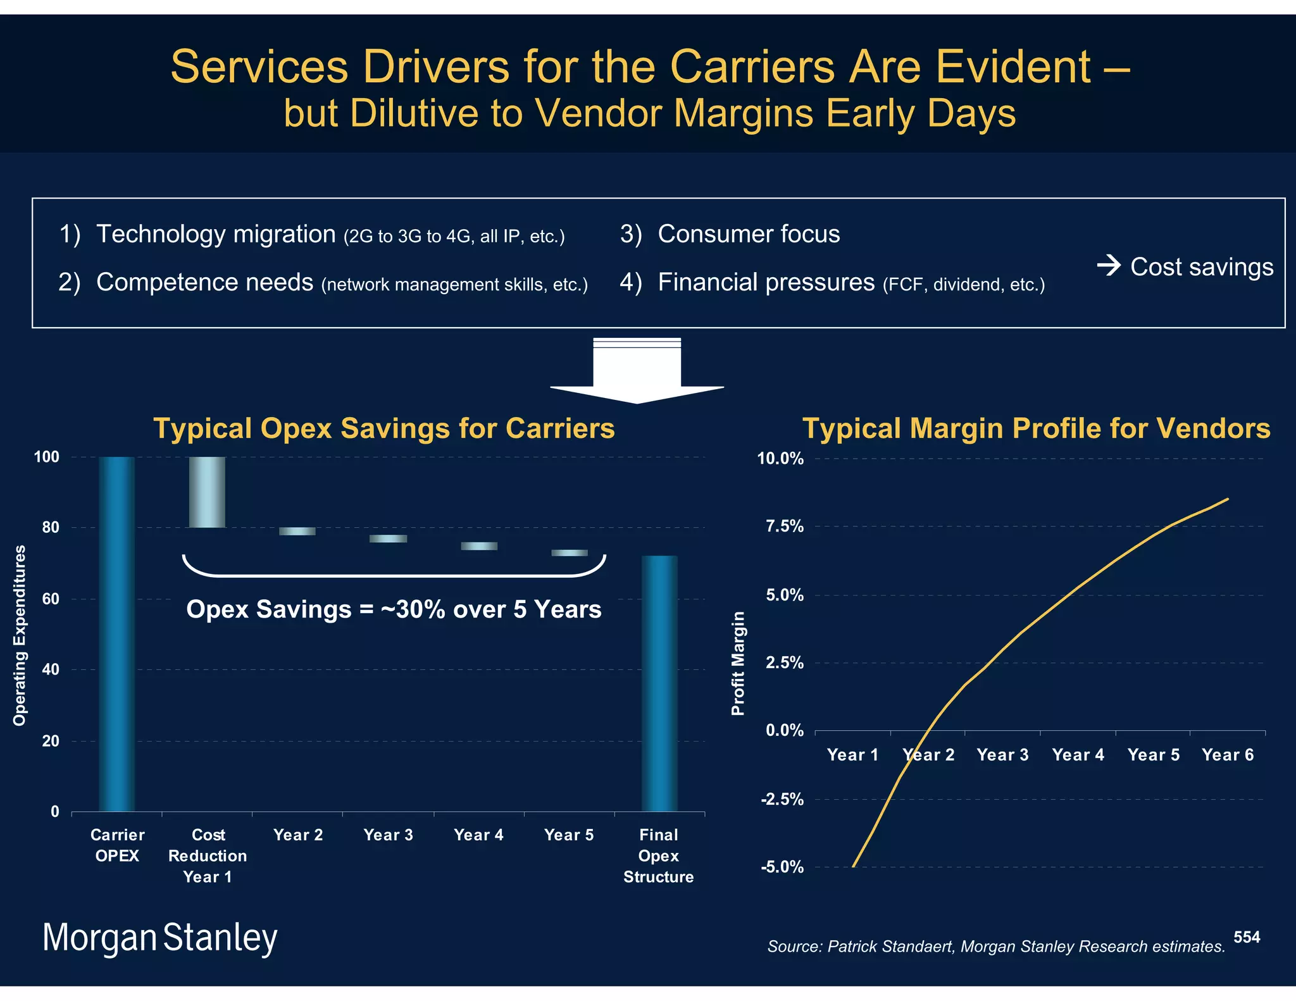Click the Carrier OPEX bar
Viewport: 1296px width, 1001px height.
[117, 633]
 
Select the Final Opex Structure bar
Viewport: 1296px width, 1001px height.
[659, 683]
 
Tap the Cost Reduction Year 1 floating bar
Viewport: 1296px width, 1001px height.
[207, 492]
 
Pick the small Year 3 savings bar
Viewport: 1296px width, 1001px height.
[388, 538]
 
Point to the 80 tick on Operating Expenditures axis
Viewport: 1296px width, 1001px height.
[50, 527]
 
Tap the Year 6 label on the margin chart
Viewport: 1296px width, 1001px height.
[1227, 755]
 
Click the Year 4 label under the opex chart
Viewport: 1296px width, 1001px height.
[478, 835]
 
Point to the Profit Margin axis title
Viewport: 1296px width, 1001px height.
[738, 663]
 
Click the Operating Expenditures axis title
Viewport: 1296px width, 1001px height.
[20, 635]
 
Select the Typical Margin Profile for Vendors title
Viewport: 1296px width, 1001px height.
[1036, 428]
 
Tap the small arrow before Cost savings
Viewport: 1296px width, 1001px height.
[1109, 265]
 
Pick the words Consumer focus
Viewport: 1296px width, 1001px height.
[749, 234]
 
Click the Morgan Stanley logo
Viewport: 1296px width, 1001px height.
[159, 938]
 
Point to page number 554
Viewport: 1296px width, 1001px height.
[1246, 937]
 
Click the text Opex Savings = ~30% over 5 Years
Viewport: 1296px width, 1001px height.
[394, 609]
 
